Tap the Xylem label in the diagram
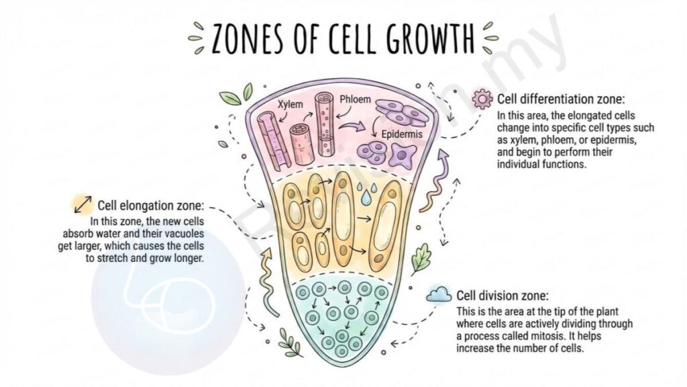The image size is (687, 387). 290,104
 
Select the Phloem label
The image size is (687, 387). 355,99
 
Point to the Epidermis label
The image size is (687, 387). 402,134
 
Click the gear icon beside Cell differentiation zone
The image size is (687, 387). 482,99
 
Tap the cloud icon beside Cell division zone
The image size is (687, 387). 439,294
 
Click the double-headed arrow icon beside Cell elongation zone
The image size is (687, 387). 83,204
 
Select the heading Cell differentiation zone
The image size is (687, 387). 561,99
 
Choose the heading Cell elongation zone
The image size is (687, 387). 151,206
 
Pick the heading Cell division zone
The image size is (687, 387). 503,296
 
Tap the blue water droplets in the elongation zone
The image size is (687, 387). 366,193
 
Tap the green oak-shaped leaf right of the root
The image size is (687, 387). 421,259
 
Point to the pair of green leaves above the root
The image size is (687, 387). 237,94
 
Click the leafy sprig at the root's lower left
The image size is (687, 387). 290,342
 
